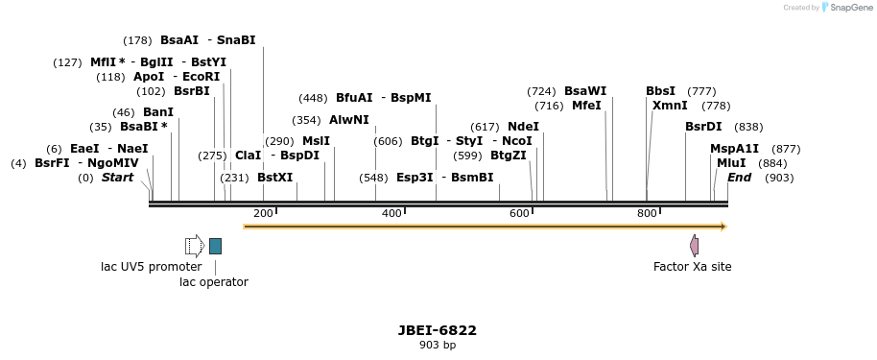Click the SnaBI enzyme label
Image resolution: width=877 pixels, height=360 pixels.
pos(236,40)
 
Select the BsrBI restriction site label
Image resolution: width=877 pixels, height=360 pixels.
pos(191,91)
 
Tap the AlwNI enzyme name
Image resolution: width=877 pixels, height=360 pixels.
pos(348,120)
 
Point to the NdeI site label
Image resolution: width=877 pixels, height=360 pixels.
pos(523,127)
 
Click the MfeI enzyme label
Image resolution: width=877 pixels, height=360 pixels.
pos(586,106)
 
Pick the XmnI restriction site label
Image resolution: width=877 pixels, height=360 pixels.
pos(670,106)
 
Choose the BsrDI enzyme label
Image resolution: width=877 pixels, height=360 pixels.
pos(703,127)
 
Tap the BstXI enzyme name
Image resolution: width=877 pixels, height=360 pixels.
pos(274,178)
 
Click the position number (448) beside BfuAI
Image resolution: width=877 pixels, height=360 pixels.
pos(313,98)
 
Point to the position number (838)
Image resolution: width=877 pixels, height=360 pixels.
pos(748,127)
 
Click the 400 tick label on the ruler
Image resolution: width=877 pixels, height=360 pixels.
pos(391,212)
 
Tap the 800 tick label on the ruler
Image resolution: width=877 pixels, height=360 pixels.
pos(646,212)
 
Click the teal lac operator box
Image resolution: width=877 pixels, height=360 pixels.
pos(215,246)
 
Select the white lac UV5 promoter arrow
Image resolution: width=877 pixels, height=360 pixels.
pos(194,246)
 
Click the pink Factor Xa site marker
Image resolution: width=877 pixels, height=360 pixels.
pos(694,246)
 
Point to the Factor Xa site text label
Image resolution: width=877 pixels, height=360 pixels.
pos(692,267)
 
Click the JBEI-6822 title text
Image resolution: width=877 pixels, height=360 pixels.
pos(438,330)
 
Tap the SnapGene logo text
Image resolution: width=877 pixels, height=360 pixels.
pos(849,8)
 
